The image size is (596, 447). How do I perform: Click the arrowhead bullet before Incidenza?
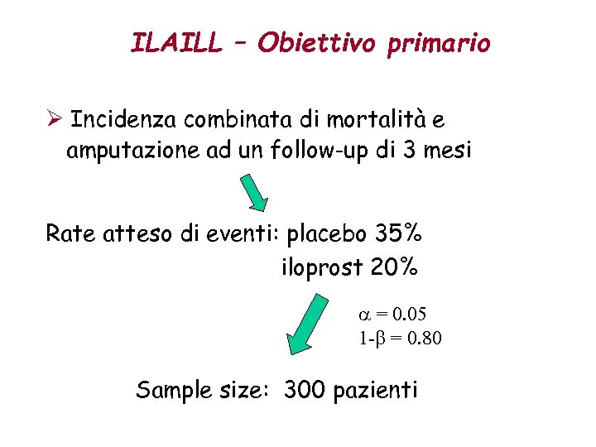(54, 121)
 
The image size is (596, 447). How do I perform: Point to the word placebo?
(326, 236)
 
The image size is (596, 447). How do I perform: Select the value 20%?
(395, 268)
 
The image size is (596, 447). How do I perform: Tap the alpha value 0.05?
(412, 314)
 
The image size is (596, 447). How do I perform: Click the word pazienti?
(377, 390)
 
